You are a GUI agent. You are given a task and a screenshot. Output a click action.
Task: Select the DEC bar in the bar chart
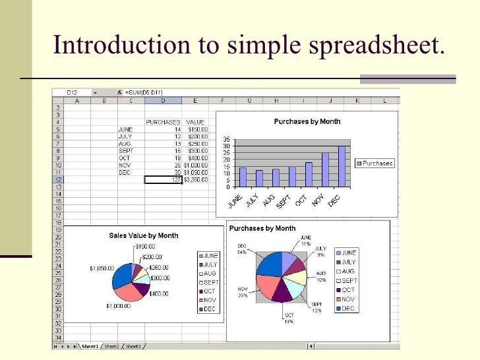pos(342,165)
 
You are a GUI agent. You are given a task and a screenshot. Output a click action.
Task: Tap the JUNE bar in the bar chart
pos(243,177)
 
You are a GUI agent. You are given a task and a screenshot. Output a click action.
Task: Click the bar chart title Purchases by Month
pos(307,121)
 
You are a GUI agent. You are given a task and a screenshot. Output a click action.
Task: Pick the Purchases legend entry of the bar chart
pos(374,163)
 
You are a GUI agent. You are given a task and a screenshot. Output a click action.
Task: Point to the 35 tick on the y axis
pos(225,139)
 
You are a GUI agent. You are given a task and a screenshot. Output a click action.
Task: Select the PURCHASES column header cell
pos(162,122)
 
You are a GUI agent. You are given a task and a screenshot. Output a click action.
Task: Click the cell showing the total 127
pos(164,179)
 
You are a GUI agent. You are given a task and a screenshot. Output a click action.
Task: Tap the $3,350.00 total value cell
pos(196,179)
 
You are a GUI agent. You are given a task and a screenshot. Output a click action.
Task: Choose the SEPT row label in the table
pos(125,150)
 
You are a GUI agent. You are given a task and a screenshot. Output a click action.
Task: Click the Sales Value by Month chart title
pos(143,235)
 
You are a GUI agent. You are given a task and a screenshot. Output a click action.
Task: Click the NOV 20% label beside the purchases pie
pos(243,292)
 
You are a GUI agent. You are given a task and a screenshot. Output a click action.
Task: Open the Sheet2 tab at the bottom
pos(111,346)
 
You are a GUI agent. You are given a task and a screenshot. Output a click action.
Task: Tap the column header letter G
pos(249,100)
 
